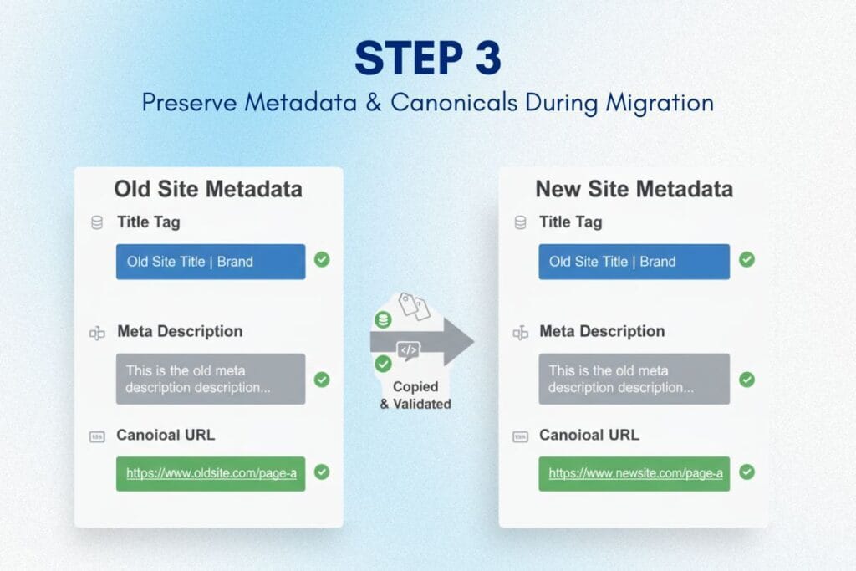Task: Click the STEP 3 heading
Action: point(427,59)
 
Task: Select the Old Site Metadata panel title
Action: point(208,189)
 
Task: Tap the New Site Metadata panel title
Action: point(634,189)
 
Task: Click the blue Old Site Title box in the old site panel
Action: point(211,262)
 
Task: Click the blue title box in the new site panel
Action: point(634,262)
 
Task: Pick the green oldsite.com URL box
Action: point(211,473)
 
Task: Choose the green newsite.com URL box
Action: point(634,473)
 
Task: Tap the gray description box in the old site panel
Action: point(211,379)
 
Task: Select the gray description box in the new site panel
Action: point(634,379)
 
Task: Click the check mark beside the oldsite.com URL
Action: point(322,472)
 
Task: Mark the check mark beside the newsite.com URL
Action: point(746,472)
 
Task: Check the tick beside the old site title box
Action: point(322,260)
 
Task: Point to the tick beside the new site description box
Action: point(746,380)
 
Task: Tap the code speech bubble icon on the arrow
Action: point(408,351)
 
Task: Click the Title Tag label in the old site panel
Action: point(149,222)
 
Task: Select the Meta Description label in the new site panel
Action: point(602,331)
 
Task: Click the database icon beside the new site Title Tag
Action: point(521,222)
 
